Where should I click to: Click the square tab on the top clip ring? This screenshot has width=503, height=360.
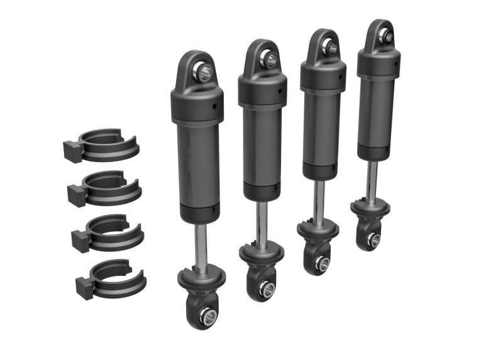71,151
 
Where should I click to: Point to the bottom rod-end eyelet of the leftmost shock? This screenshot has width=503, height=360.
204,314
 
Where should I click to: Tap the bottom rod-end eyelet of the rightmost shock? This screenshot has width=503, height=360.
372,239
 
